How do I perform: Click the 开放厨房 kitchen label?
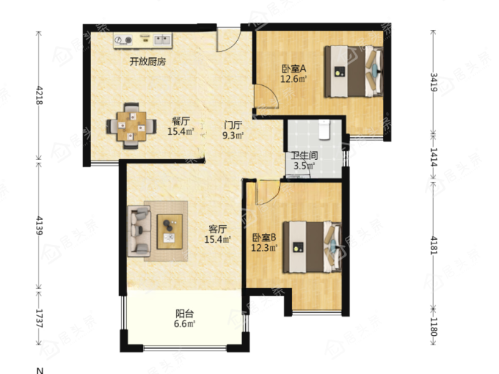(147, 62)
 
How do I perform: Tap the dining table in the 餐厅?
(131, 126)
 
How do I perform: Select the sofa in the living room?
(139, 231)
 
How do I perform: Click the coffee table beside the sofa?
(170, 232)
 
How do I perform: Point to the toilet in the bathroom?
(324, 130)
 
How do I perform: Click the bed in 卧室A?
(353, 71)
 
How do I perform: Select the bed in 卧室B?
(312, 247)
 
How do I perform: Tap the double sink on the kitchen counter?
(162, 40)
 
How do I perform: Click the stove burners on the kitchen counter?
(123, 40)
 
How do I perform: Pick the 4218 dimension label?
(40, 95)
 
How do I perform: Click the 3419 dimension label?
(434, 82)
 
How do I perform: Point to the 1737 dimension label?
(39, 318)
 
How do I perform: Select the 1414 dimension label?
(434, 157)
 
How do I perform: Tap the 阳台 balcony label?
(185, 314)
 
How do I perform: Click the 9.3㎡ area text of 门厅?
(233, 136)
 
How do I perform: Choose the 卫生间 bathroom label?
(305, 155)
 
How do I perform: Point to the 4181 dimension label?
(434, 245)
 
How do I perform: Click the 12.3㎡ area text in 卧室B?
(264, 248)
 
